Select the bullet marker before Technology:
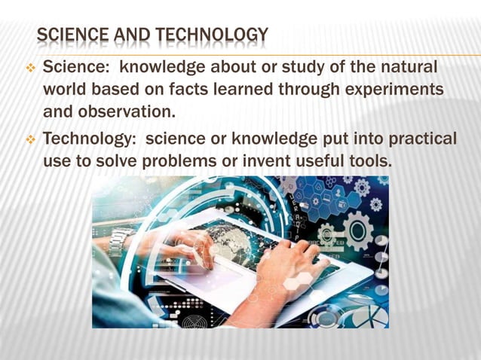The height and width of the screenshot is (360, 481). (x=31, y=141)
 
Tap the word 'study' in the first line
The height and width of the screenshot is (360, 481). (x=294, y=68)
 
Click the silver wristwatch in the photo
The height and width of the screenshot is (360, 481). (x=120, y=241)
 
